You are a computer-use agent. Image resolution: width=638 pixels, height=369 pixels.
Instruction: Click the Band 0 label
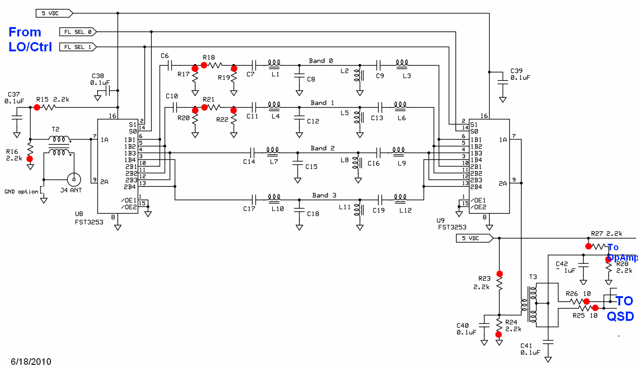321,61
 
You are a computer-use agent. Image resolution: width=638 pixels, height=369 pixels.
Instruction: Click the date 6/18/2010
31,362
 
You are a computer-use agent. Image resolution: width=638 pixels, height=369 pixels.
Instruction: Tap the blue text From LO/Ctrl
30,39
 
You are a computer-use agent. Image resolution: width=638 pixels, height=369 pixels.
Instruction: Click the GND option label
21,192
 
